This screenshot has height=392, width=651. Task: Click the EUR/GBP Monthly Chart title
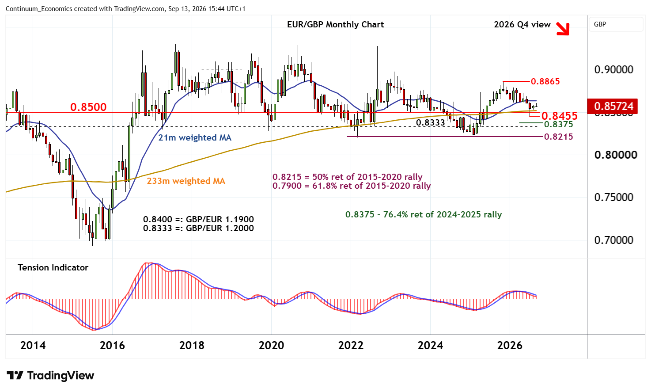coord(335,24)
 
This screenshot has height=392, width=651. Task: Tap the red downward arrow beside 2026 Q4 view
coord(563,29)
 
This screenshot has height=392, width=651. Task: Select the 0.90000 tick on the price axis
coord(614,70)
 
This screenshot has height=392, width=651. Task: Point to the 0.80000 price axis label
coord(616,155)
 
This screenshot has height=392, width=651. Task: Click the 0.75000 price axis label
coord(614,198)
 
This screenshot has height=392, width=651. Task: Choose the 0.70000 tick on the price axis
coord(614,240)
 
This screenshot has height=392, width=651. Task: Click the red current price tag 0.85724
coord(613,106)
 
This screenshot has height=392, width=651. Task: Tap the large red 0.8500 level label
coord(88,107)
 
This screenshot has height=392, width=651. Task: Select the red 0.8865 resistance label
coord(545,81)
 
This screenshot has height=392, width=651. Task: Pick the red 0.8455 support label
coord(560,116)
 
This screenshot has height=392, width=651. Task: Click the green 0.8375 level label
coord(559,125)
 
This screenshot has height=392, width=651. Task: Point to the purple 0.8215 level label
coord(559,137)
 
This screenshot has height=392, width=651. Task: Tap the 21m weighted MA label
coord(195,137)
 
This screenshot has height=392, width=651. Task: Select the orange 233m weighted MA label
coord(186,181)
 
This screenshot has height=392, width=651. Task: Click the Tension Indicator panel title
coord(53,267)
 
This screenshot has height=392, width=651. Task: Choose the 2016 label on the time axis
coord(112,346)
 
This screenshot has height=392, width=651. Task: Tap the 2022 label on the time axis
coord(351,346)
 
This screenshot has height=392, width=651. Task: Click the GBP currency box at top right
coord(616,24)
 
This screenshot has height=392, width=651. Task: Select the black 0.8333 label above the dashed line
coord(431,123)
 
